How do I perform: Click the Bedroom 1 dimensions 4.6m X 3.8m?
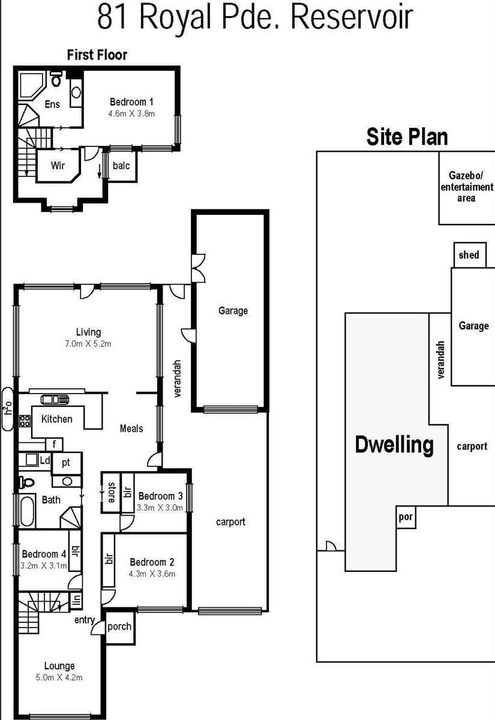click(x=131, y=114)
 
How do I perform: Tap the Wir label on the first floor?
click(x=58, y=166)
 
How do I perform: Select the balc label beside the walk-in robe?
click(x=121, y=166)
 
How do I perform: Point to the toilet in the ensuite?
click(x=56, y=79)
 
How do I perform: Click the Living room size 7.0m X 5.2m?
click(x=88, y=344)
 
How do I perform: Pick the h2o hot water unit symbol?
click(x=8, y=409)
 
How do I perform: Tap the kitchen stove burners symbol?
click(x=25, y=421)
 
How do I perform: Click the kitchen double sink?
click(x=55, y=400)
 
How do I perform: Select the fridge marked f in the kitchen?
click(x=54, y=445)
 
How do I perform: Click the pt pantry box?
click(x=67, y=463)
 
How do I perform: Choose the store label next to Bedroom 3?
click(x=111, y=492)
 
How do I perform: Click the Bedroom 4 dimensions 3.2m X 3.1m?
click(x=44, y=566)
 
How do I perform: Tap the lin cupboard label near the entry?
click(x=77, y=601)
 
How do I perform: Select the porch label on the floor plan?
click(x=119, y=627)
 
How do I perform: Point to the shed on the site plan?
click(x=470, y=255)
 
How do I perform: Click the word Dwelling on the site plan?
click(x=394, y=445)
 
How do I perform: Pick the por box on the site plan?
click(x=406, y=517)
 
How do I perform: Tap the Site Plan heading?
click(x=407, y=137)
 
